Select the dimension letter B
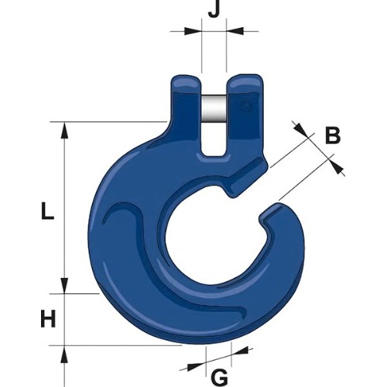333,135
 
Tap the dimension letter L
47,211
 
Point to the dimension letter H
48,319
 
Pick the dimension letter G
220,377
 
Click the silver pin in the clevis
214,108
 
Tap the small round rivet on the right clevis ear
245,106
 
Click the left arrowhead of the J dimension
193,31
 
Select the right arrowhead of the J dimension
235,31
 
